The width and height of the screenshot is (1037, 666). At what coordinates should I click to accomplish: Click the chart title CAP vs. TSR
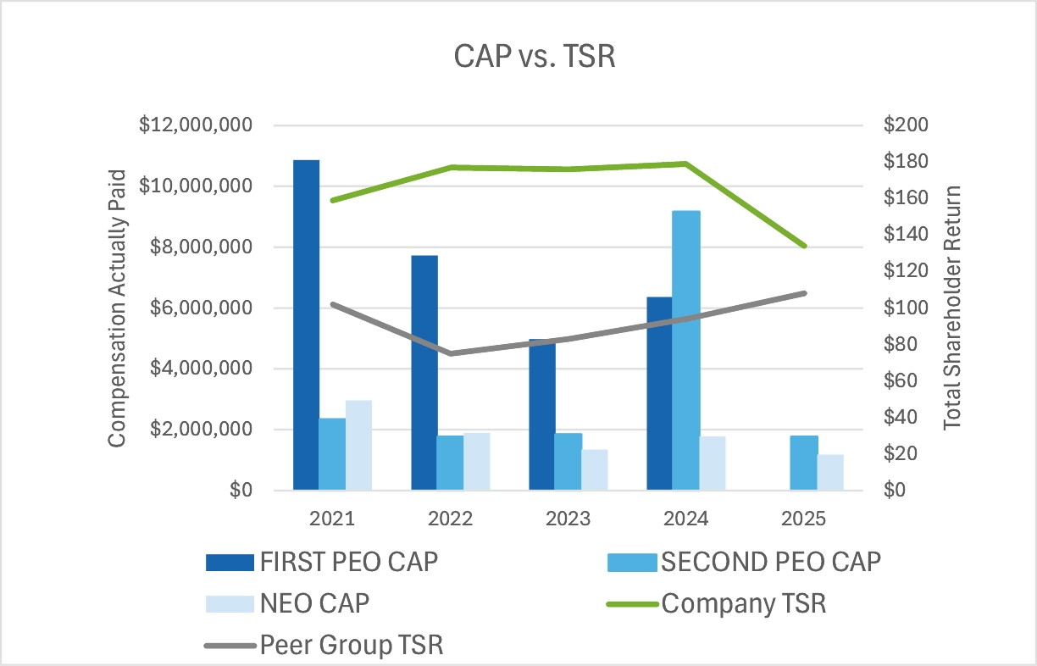tap(518, 58)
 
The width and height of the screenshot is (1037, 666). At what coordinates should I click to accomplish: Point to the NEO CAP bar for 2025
tap(830, 472)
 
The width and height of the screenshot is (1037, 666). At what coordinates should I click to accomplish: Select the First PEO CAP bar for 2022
tap(424, 373)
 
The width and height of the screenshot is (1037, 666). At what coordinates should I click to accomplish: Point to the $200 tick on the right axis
tap(906, 125)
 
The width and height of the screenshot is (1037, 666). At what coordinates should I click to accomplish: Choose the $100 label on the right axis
tap(906, 308)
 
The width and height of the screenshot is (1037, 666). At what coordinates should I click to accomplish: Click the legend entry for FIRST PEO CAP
tap(322, 561)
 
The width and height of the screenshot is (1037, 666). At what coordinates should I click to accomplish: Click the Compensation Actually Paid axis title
tap(116, 308)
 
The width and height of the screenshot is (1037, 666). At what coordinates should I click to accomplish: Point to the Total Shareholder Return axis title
tap(953, 308)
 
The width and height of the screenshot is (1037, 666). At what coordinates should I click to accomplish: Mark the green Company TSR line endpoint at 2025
tap(804, 246)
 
